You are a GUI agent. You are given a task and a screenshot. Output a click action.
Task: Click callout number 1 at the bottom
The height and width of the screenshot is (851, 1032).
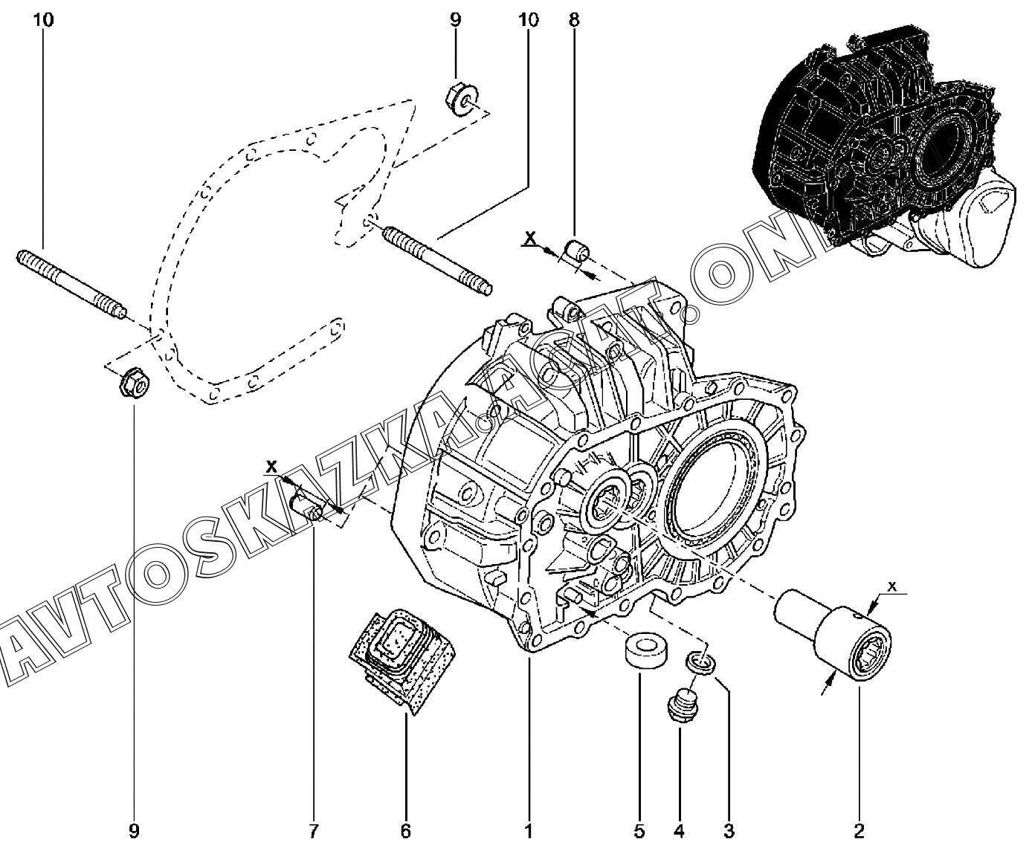click(x=529, y=831)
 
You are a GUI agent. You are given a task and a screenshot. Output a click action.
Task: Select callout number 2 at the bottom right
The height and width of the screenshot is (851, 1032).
click(x=859, y=831)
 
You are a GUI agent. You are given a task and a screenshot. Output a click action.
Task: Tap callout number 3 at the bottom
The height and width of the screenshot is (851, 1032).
click(x=729, y=831)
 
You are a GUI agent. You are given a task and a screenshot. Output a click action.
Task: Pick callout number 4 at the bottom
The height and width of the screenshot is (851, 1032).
click(x=679, y=831)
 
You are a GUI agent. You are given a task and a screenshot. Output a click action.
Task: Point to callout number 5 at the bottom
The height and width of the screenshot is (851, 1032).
click(x=639, y=831)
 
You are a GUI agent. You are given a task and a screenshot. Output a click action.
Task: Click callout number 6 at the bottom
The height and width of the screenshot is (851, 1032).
click(x=405, y=831)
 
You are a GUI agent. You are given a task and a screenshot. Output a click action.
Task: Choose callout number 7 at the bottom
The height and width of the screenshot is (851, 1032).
click(x=313, y=831)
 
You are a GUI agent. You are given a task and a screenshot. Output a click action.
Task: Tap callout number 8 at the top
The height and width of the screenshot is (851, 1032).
click(x=574, y=20)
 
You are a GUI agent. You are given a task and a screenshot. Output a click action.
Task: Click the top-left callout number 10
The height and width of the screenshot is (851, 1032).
click(x=43, y=20)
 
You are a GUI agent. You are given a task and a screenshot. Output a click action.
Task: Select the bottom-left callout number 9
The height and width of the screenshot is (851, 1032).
click(x=134, y=831)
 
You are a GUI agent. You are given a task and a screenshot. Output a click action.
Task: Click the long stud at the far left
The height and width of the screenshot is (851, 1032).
click(x=71, y=285)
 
